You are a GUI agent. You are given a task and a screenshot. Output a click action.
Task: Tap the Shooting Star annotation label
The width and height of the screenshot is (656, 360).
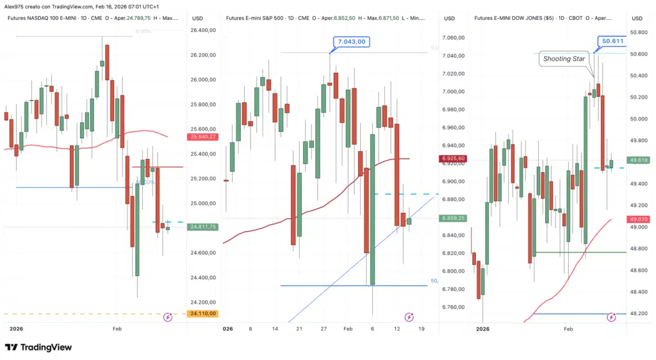click(x=564, y=59)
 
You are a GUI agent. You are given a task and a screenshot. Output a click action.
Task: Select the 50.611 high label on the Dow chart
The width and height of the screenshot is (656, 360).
click(x=612, y=41)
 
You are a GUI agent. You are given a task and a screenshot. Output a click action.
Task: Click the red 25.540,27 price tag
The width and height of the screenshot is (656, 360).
click(x=203, y=136)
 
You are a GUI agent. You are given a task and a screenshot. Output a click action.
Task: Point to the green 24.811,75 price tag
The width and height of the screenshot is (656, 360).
click(x=203, y=227)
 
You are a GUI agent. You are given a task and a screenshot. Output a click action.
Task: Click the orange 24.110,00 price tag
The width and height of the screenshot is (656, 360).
click(x=203, y=314)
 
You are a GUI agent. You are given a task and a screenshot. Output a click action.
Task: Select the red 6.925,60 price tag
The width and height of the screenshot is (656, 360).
click(x=453, y=158)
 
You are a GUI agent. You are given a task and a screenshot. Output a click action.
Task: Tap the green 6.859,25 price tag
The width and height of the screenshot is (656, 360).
click(x=453, y=218)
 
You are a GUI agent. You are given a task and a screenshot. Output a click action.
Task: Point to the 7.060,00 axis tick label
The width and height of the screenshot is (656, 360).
click(x=454, y=38)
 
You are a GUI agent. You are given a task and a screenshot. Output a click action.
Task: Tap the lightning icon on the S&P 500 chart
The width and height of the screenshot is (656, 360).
click(x=409, y=317)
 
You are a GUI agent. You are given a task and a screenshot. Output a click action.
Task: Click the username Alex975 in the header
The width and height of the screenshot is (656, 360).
click(x=17, y=6)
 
